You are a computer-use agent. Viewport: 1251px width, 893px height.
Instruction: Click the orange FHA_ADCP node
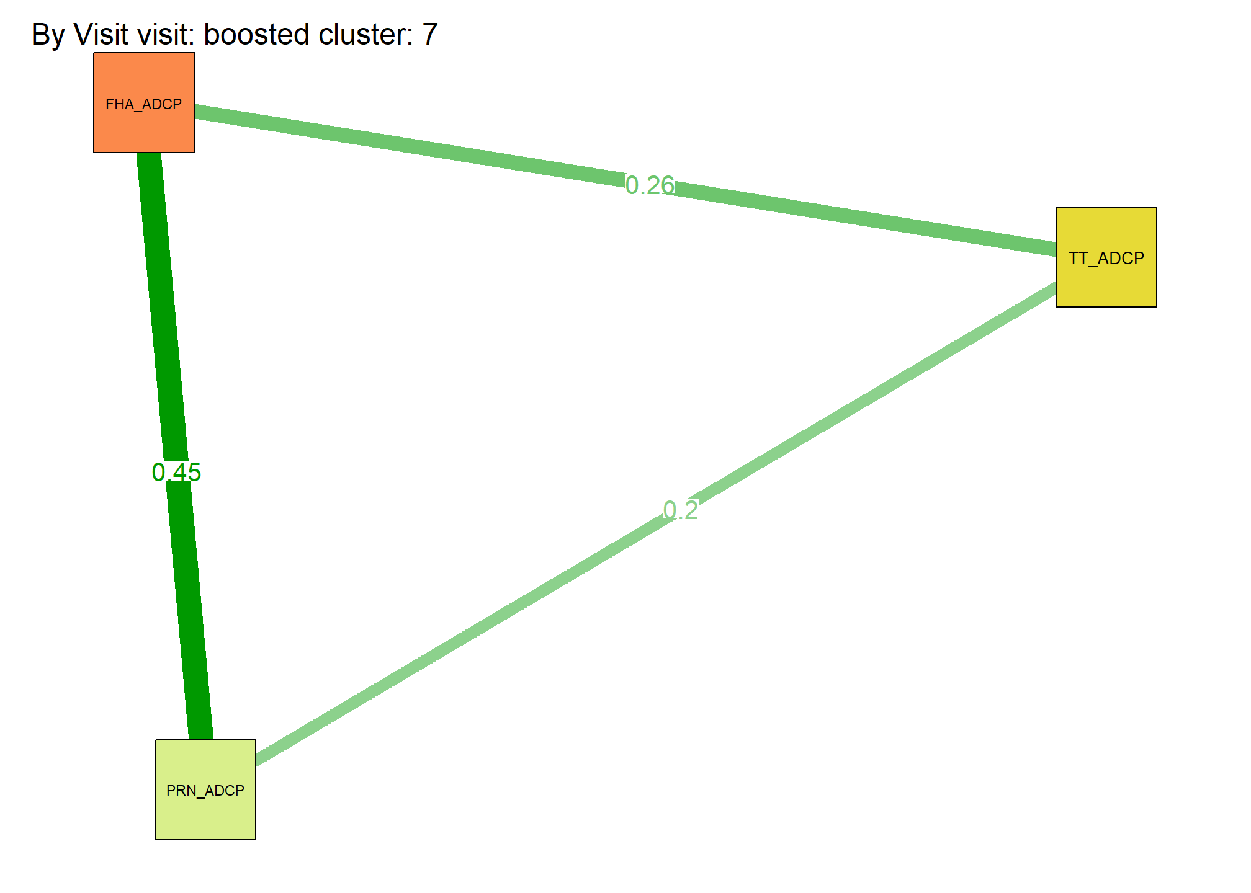coord(144,102)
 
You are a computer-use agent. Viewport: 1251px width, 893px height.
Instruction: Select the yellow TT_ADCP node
coord(1106,257)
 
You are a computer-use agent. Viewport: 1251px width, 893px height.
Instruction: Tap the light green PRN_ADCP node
coord(205,789)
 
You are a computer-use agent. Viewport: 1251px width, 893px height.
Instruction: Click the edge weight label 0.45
coord(176,473)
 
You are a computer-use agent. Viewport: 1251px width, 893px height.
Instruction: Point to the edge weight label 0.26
coord(650,185)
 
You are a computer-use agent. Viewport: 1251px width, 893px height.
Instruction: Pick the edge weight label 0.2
coord(681,510)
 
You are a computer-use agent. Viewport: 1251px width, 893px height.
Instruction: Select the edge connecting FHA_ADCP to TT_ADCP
coord(625,181)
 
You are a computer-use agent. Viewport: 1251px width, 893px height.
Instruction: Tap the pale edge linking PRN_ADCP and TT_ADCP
coord(656,524)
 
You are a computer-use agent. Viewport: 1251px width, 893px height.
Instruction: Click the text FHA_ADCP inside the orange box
coord(144,104)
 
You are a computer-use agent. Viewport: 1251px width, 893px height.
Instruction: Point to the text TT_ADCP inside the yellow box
coord(1106,258)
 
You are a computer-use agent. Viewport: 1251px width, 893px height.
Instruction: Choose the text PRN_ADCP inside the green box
coord(205,791)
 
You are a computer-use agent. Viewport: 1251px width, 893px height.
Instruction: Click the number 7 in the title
coord(430,34)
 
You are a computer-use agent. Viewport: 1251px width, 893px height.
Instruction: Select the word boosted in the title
coord(257,34)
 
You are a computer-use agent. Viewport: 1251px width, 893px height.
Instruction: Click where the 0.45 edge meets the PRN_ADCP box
coord(200,739)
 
